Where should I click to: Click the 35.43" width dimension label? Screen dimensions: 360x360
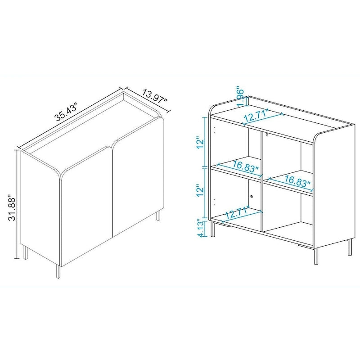click(x=67, y=112)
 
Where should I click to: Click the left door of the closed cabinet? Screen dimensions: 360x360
click(x=85, y=211)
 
